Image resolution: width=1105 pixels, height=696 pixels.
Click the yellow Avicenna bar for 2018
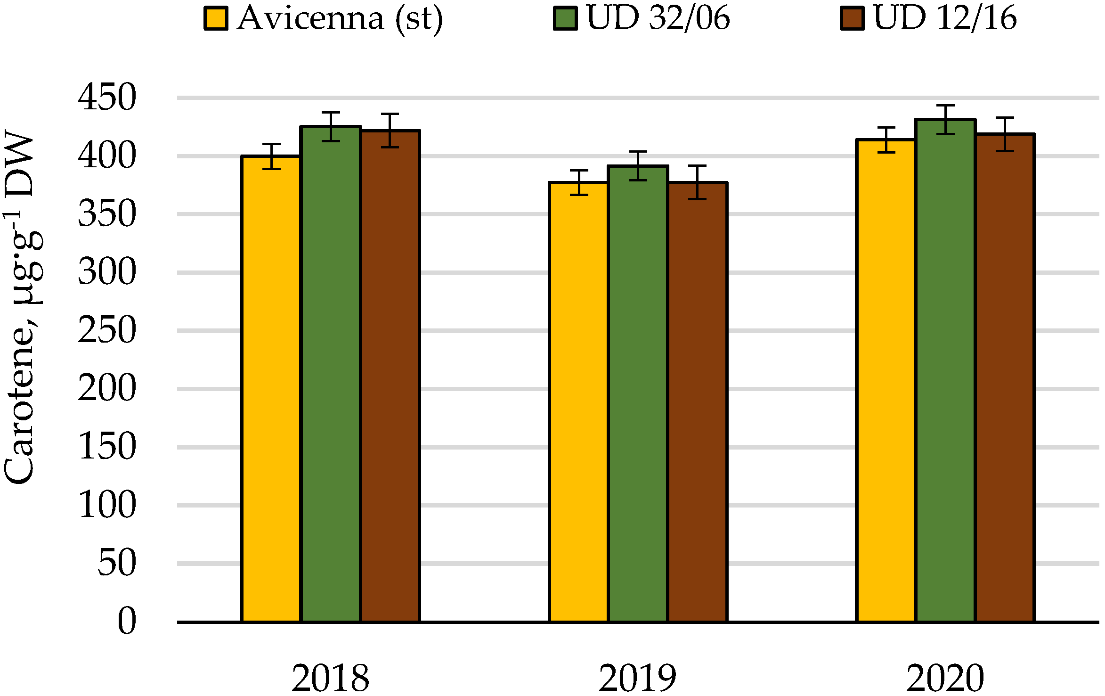271,389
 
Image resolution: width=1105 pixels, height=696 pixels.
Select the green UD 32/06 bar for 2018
331,375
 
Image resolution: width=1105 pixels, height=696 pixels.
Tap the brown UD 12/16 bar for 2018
390,377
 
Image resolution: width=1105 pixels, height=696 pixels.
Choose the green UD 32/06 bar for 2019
638,393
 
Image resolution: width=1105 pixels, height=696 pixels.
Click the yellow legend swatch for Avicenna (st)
216,19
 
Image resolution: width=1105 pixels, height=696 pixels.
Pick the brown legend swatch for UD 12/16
852,19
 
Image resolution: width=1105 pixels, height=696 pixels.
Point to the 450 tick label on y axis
107,98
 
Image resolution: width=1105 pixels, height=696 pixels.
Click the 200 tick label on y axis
107,389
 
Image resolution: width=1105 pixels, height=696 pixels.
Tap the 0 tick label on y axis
127,622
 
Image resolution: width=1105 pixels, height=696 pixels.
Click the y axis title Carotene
21,306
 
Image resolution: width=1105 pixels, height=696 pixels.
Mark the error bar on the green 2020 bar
945,120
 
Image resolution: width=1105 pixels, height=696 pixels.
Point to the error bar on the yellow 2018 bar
271,156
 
